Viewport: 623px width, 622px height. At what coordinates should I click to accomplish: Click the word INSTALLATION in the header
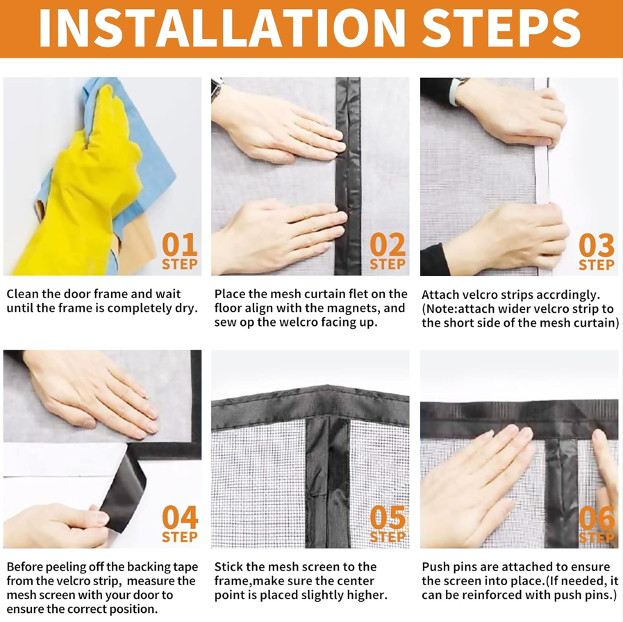(x=222, y=28)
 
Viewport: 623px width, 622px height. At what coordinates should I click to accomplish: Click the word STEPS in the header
(x=501, y=28)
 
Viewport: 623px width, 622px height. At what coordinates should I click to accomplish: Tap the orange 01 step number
(x=180, y=245)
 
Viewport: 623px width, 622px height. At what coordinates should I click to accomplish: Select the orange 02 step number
(x=388, y=245)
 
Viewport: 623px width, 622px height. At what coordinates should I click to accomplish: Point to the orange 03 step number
(x=597, y=245)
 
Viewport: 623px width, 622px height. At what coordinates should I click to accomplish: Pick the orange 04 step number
(x=180, y=518)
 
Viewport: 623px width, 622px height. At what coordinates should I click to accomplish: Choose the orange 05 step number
(x=388, y=518)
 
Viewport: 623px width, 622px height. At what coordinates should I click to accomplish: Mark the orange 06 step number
(x=597, y=518)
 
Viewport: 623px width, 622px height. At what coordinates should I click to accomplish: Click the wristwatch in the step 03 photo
(x=456, y=92)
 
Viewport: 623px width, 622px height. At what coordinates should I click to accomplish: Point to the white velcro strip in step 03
(x=542, y=175)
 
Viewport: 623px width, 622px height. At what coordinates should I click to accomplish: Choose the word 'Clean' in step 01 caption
(x=22, y=294)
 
